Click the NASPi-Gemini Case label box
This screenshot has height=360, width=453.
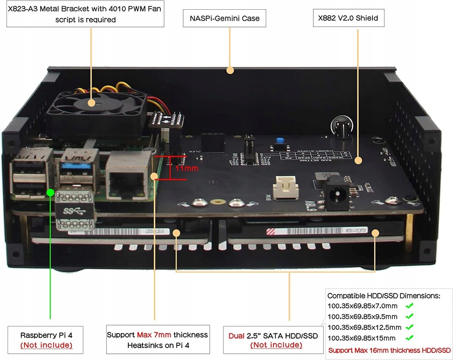(x=224, y=19)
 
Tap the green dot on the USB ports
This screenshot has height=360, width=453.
(x=51, y=192)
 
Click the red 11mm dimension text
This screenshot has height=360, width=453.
(x=186, y=169)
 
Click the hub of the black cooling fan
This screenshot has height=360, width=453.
(x=91, y=103)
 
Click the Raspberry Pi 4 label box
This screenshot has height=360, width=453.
(x=46, y=340)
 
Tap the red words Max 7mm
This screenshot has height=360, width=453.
(x=154, y=335)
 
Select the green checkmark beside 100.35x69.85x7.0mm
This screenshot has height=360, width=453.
(x=409, y=306)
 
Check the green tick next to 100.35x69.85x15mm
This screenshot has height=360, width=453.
(x=409, y=338)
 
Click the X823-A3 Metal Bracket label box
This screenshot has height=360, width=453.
(x=86, y=14)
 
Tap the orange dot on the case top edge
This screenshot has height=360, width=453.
(x=229, y=70)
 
